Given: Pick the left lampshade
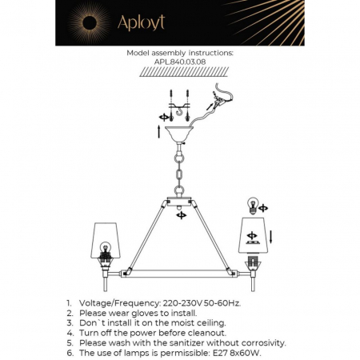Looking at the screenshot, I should [104, 231].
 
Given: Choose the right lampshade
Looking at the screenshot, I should [255, 231].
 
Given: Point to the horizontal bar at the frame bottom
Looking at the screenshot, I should [180, 274].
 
